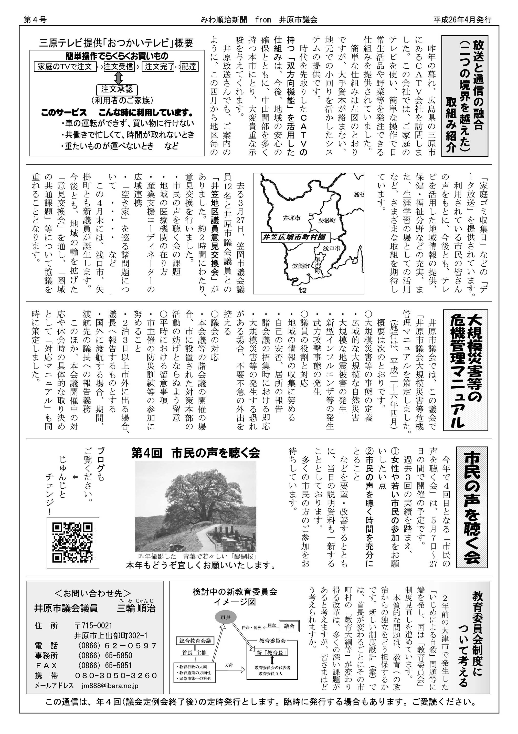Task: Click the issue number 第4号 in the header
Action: [35, 20]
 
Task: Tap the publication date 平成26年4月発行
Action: [462, 20]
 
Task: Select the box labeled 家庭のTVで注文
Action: [65, 67]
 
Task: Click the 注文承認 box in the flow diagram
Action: [117, 89]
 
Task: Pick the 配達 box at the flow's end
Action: [189, 67]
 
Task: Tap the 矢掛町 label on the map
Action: [326, 220]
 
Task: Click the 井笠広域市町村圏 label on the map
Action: [294, 237]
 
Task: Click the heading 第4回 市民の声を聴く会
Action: [196, 453]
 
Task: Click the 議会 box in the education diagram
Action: [289, 626]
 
